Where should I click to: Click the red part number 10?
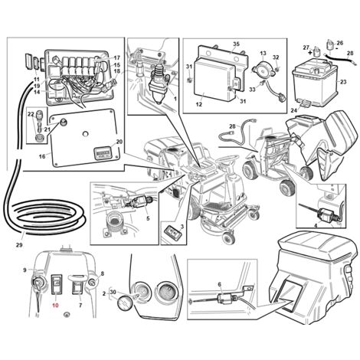pyautogui.click(x=56, y=305)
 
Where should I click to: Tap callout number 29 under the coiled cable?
pyautogui.click(x=19, y=245)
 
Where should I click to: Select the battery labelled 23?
pyautogui.click(x=316, y=83)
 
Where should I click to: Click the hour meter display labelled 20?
pyautogui.click(x=102, y=153)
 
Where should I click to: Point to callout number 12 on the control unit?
pyautogui.click(x=199, y=104)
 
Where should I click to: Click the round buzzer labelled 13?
pyautogui.click(x=263, y=69)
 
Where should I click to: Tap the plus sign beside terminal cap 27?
pyautogui.click(x=310, y=53)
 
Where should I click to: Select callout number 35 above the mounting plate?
pyautogui.click(x=236, y=44)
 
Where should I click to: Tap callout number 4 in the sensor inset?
pyautogui.click(x=316, y=225)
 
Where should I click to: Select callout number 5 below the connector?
pyautogui.click(x=148, y=218)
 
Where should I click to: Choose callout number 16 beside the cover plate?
pyautogui.click(x=42, y=156)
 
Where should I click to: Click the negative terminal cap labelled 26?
pyautogui.click(x=332, y=46)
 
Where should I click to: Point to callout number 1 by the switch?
pyautogui.click(x=175, y=98)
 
